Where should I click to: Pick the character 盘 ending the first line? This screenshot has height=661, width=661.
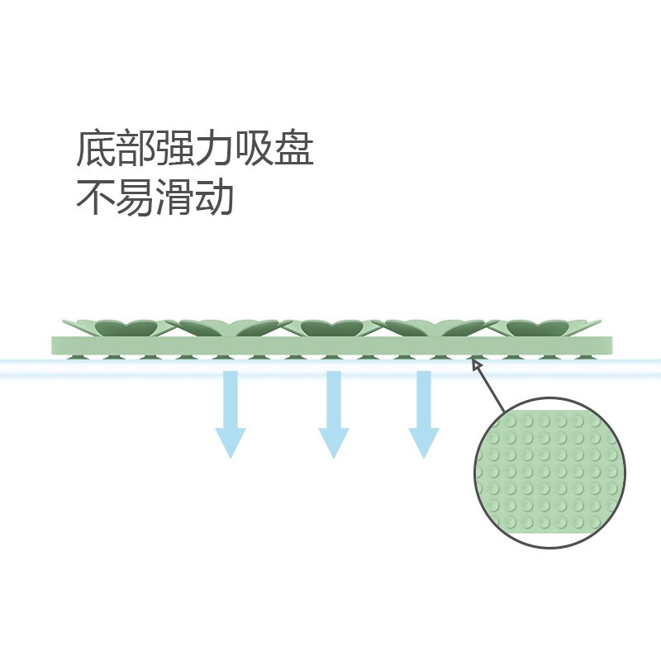[293, 149]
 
